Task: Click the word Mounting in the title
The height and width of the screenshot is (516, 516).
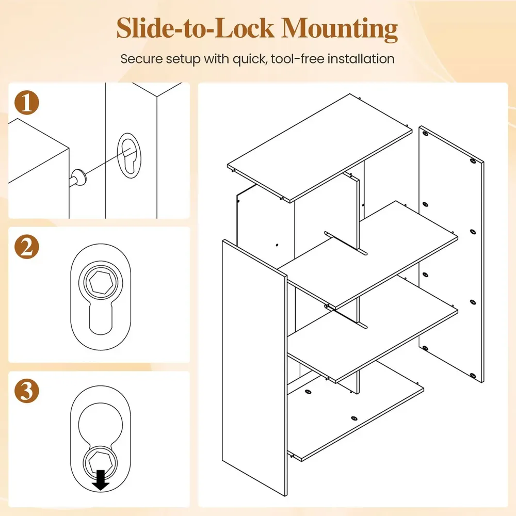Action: click(340, 29)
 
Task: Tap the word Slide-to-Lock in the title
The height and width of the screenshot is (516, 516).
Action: click(195, 28)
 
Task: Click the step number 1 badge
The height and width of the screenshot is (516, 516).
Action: click(27, 103)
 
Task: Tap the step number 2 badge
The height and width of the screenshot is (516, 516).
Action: click(27, 247)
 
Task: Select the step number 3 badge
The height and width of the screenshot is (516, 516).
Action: click(27, 391)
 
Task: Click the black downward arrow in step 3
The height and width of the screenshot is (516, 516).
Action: click(101, 480)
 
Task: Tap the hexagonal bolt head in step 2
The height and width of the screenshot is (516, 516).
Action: click(101, 282)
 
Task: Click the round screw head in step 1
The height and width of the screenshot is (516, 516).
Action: click(79, 178)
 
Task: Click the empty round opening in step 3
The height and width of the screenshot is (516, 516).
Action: click(101, 424)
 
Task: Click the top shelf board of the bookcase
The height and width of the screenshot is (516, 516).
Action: click(319, 149)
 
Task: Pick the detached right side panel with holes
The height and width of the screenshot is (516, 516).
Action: click(451, 254)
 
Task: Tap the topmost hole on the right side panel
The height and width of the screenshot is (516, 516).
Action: click(425, 134)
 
